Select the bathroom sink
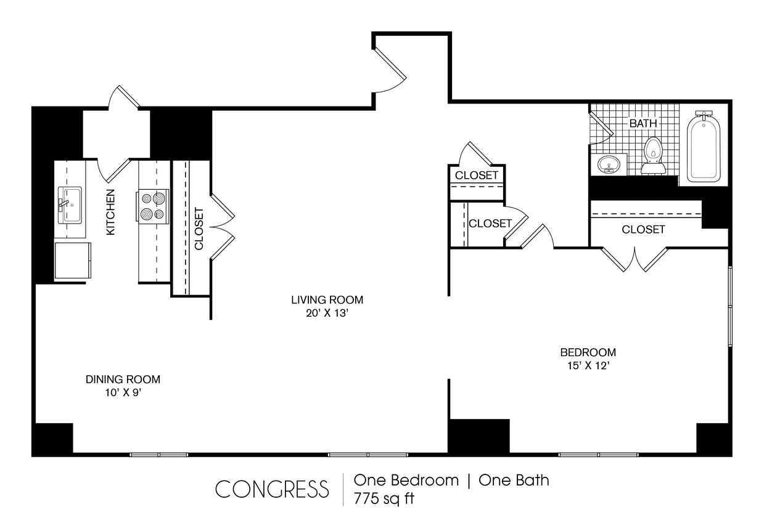(x=609, y=165)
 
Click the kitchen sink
(x=70, y=205)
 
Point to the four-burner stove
(x=153, y=206)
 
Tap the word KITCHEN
(x=111, y=211)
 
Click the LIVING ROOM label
(x=327, y=300)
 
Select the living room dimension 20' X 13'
(x=327, y=313)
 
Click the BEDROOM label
(x=588, y=352)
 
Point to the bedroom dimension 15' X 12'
(x=588, y=366)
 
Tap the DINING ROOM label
(x=123, y=379)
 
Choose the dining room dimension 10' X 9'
(x=123, y=392)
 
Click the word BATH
(x=643, y=123)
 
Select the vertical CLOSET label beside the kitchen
(x=199, y=228)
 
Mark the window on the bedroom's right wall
(x=730, y=306)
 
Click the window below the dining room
(x=159, y=455)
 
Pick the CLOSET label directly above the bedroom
(x=643, y=229)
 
